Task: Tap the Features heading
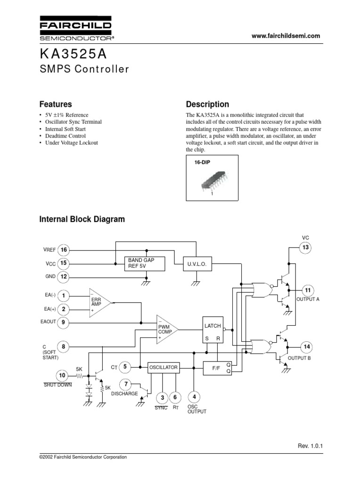click(x=56, y=104)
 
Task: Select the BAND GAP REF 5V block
click(x=145, y=264)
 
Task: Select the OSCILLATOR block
click(x=163, y=367)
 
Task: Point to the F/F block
click(x=212, y=367)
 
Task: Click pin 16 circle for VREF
click(x=64, y=250)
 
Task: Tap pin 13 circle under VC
click(x=305, y=248)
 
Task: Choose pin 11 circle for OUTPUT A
click(x=307, y=290)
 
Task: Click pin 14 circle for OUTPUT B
click(x=307, y=347)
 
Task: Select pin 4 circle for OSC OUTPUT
click(x=194, y=397)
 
